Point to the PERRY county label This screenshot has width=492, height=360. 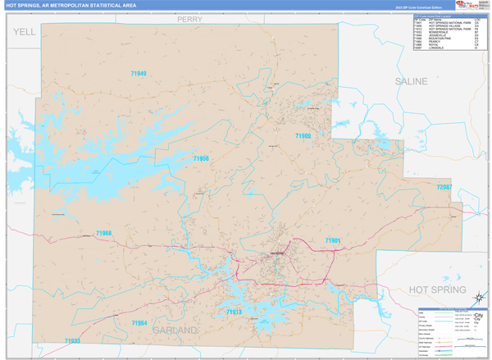pyautogui.click(x=189, y=19)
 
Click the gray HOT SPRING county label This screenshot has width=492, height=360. pyautogui.click(x=438, y=290)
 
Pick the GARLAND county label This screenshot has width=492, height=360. pyautogui.click(x=175, y=330)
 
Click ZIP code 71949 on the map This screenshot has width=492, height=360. pyautogui.click(x=138, y=74)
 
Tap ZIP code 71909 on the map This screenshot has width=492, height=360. pyautogui.click(x=303, y=136)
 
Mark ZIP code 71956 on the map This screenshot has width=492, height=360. pyautogui.click(x=201, y=158)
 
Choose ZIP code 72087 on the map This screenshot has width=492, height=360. pyautogui.click(x=444, y=187)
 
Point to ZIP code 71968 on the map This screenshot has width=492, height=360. pyautogui.click(x=103, y=234)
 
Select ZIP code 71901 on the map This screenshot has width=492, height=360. pyautogui.click(x=332, y=241)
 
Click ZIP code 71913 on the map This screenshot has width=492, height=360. pyautogui.click(x=234, y=312)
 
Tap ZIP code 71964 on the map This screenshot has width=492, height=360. pyautogui.click(x=139, y=323)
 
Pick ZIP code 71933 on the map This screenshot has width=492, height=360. pyautogui.click(x=72, y=340)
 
